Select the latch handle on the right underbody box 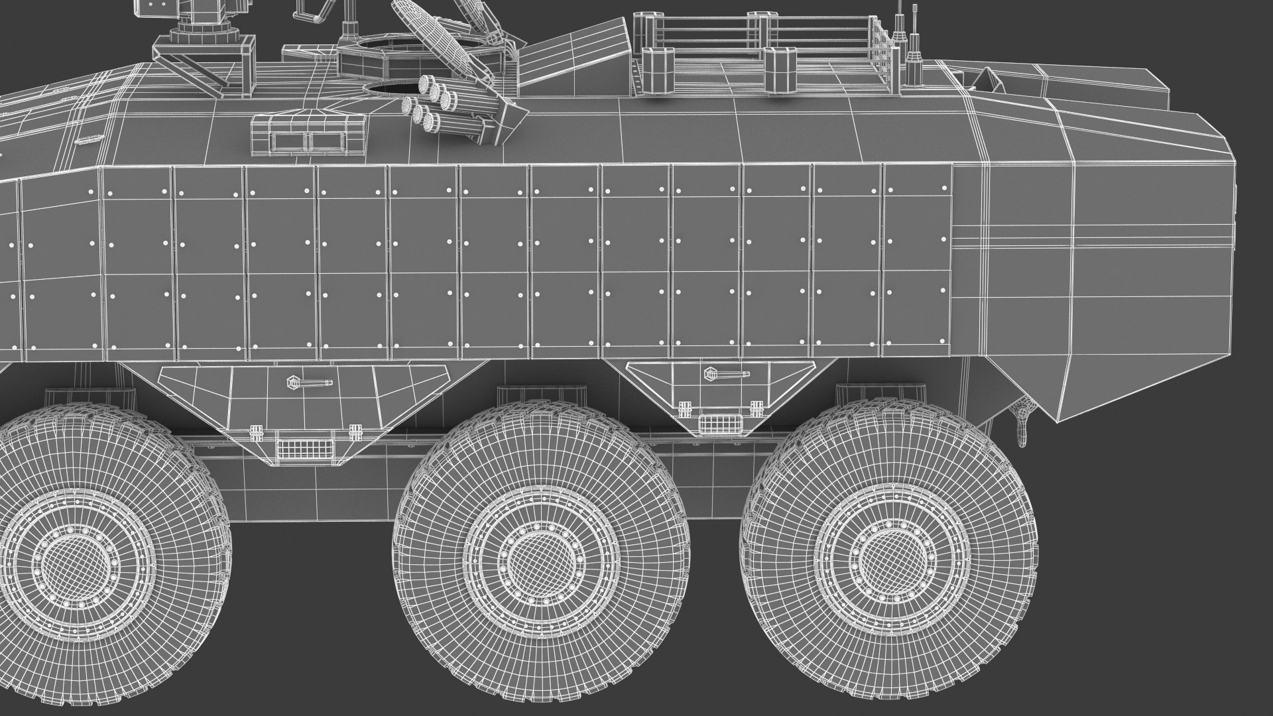click(x=727, y=375)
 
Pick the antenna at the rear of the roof click(x=914, y=40)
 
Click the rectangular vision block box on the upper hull click(x=308, y=135)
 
